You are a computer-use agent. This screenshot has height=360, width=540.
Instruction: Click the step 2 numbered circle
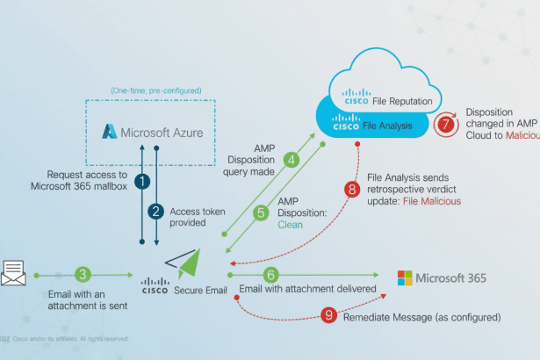(155, 211)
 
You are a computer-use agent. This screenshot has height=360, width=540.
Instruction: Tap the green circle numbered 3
(82, 276)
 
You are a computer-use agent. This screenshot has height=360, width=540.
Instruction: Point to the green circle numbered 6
(271, 276)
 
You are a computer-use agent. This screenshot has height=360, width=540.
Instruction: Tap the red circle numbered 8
(352, 187)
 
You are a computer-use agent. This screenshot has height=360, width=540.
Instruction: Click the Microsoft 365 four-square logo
(405, 278)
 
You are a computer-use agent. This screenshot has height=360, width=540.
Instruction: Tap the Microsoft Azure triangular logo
(110, 132)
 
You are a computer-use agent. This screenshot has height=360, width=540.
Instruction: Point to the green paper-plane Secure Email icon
(186, 263)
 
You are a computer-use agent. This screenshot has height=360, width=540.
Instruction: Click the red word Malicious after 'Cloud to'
(522, 136)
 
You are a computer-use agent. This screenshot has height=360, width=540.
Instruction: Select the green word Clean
(291, 224)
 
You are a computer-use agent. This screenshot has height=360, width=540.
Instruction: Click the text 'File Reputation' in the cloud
(402, 101)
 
